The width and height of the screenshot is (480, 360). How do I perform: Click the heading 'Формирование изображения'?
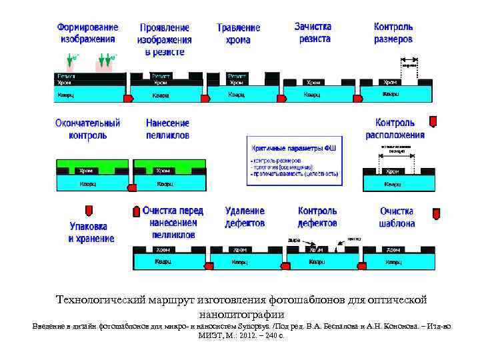[x=88, y=33]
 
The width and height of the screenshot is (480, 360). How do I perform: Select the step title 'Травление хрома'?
[x=238, y=34]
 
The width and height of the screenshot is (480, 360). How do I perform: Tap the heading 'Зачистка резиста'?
[x=313, y=33]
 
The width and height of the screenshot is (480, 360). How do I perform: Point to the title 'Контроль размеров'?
[x=393, y=33]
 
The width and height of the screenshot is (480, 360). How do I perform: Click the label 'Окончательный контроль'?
[x=87, y=129]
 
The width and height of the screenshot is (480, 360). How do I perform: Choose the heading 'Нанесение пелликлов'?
[x=167, y=129]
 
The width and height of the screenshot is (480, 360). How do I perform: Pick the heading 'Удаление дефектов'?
[x=245, y=217]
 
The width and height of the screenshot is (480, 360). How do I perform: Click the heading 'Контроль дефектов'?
[x=317, y=217]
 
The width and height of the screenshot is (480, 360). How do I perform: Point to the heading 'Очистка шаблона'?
[x=397, y=217]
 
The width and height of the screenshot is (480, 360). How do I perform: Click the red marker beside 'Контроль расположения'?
[x=432, y=121]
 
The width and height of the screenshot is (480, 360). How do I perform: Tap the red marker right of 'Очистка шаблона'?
[x=436, y=214]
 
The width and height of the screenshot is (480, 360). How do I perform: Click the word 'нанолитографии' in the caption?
[x=241, y=313]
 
